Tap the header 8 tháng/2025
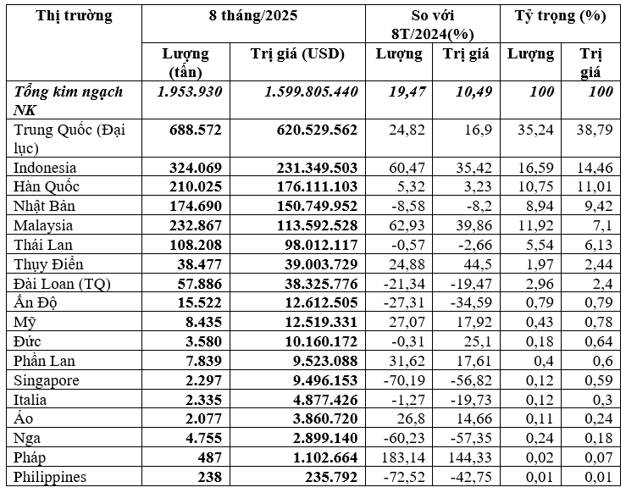[253, 16]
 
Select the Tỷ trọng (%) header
[561, 16]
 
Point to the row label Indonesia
[46, 168]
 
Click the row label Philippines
[51, 477]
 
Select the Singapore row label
[47, 380]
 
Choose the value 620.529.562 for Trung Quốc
[312, 130]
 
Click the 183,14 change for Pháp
[401, 457]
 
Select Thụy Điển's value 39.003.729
[315, 264]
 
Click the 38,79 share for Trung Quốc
[595, 130]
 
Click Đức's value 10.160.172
[315, 341]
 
